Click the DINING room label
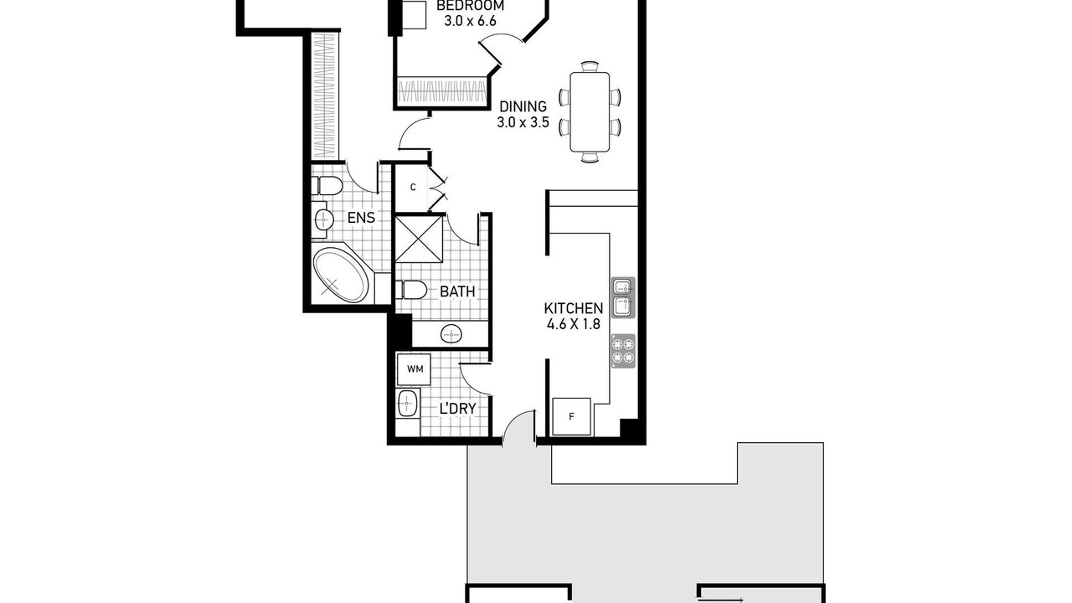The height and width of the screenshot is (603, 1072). pyautogui.click(x=523, y=106)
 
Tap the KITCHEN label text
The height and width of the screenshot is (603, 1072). pyautogui.click(x=574, y=307)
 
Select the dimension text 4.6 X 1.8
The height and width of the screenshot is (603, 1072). pyautogui.click(x=574, y=324)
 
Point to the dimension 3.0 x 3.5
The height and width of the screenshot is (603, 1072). pyautogui.click(x=523, y=122)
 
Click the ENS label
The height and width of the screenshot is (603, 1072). pyautogui.click(x=361, y=218)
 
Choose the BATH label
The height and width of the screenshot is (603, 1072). pyautogui.click(x=457, y=291)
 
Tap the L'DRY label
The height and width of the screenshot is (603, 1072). pyautogui.click(x=457, y=409)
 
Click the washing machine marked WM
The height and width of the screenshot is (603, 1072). pyautogui.click(x=415, y=369)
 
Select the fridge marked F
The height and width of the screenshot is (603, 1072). pyautogui.click(x=571, y=416)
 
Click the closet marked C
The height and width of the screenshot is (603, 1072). pyautogui.click(x=412, y=188)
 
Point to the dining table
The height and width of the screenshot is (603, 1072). pyautogui.click(x=590, y=112)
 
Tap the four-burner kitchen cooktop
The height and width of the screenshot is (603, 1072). pyautogui.click(x=623, y=351)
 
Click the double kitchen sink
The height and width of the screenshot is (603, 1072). pyautogui.click(x=624, y=297)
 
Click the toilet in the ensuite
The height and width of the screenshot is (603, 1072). pyautogui.click(x=327, y=186)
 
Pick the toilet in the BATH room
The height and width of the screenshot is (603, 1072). pyautogui.click(x=411, y=290)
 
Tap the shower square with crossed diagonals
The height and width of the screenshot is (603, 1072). pyautogui.click(x=420, y=239)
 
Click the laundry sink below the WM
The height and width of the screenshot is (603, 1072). pyautogui.click(x=407, y=403)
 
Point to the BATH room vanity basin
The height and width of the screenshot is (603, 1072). pyautogui.click(x=451, y=333)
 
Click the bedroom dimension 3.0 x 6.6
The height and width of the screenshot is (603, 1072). pyautogui.click(x=470, y=21)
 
